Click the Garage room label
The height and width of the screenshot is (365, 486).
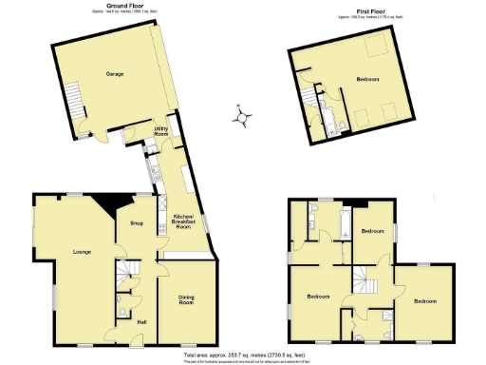pos(114,74)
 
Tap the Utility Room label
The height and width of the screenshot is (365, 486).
pos(162,132)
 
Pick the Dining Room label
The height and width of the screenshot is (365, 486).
pos(186,301)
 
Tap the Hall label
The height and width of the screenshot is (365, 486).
pos(141,322)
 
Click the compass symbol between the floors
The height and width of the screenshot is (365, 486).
pos(244,118)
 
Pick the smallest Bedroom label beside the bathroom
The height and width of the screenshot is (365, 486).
pos(372,230)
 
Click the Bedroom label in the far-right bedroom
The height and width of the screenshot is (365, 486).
pos(425,300)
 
